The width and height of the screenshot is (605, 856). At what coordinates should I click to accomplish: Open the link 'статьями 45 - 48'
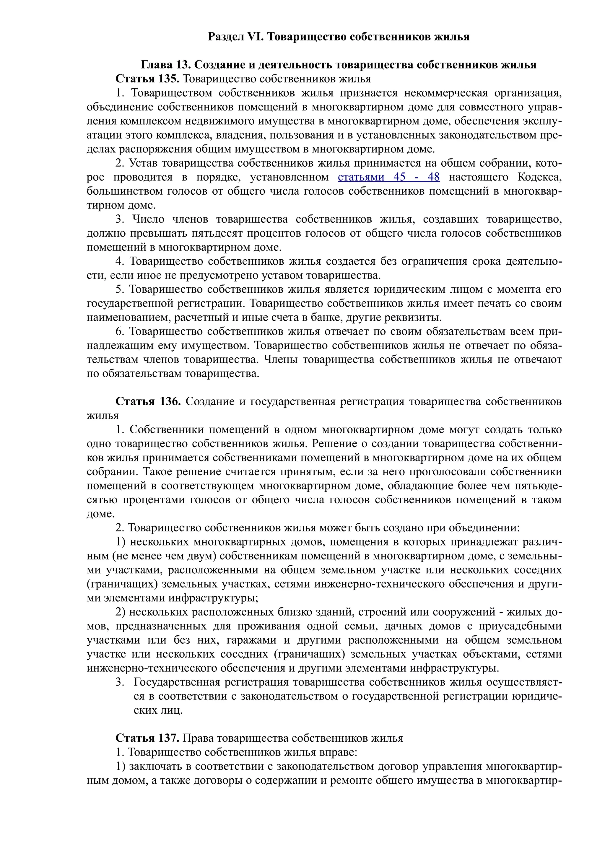pos(388,177)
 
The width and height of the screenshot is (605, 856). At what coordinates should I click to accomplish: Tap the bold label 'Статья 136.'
pos(148,401)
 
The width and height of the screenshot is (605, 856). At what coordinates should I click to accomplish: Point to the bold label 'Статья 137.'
pos(148,738)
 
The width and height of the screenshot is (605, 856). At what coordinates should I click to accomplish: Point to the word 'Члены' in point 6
pos(280,360)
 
